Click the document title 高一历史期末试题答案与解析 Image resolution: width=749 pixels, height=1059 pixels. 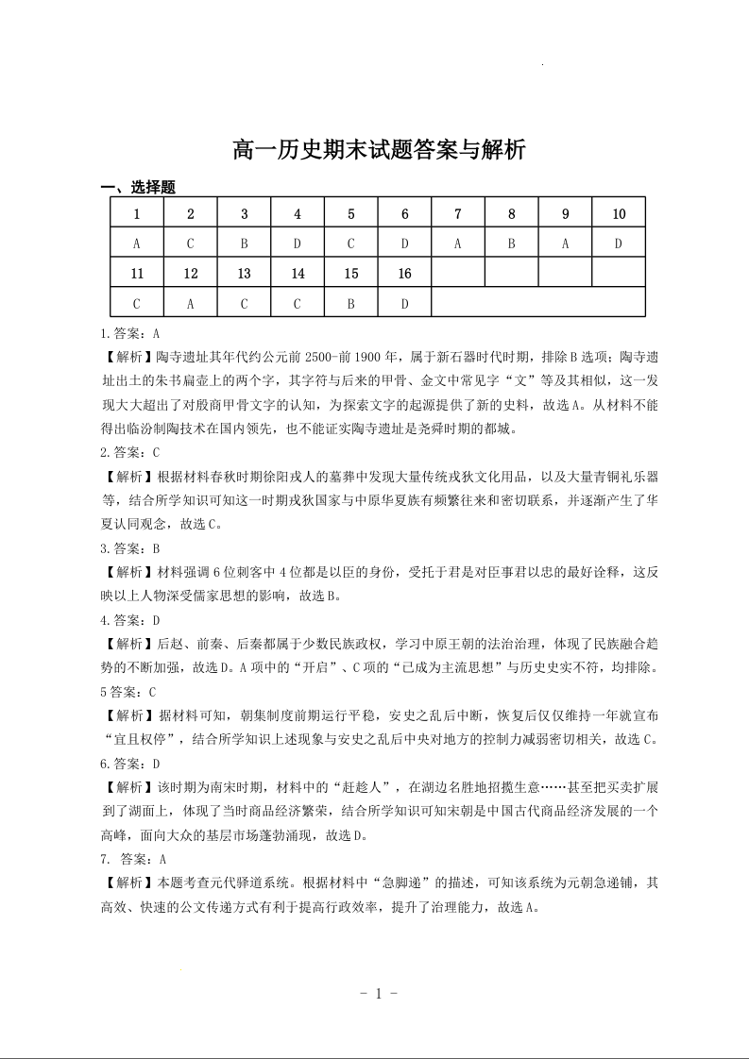(378, 151)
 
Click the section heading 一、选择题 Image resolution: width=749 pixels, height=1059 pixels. (138, 189)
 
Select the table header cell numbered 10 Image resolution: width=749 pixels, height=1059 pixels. (619, 214)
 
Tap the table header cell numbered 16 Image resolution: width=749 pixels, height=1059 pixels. (404, 274)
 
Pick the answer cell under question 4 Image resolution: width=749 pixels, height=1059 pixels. (298, 244)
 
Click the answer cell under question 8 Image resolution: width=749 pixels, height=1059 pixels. (511, 244)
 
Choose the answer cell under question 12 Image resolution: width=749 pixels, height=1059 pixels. (191, 303)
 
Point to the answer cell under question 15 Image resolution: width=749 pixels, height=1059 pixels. (351, 303)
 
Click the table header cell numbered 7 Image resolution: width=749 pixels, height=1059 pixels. (458, 214)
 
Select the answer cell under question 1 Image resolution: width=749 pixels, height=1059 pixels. (137, 244)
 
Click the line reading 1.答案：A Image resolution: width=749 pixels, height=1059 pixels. (130, 333)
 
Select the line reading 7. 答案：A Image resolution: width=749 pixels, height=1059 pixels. (133, 859)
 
